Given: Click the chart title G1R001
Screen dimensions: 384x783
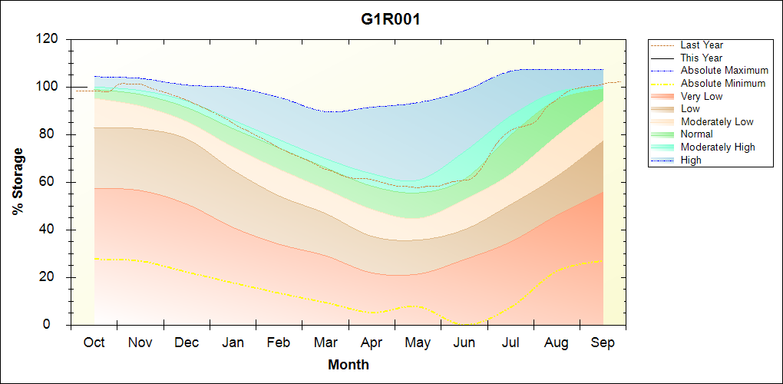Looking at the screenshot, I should (391, 19).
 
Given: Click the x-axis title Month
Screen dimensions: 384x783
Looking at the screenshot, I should (349, 365).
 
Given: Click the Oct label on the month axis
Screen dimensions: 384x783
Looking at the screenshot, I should (94, 343).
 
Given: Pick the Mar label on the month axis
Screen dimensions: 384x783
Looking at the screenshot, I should (325, 343).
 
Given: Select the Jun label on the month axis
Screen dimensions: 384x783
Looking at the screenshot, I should (464, 343).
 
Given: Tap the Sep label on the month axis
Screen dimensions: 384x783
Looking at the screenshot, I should (603, 343).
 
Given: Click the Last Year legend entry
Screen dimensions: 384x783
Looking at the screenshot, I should (702, 45).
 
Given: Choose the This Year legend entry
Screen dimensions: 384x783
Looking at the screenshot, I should (702, 58).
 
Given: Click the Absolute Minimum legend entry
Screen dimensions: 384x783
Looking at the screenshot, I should (723, 83).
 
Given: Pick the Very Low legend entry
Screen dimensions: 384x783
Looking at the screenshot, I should (702, 96).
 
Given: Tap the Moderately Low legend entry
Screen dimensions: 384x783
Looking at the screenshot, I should (717, 121).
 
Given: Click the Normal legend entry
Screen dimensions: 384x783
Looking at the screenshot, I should (697, 134).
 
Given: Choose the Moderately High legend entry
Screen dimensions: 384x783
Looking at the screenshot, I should (718, 147).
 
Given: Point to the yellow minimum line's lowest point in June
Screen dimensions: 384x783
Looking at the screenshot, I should (467, 324).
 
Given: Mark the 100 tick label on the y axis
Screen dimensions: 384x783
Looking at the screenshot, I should (49, 87).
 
